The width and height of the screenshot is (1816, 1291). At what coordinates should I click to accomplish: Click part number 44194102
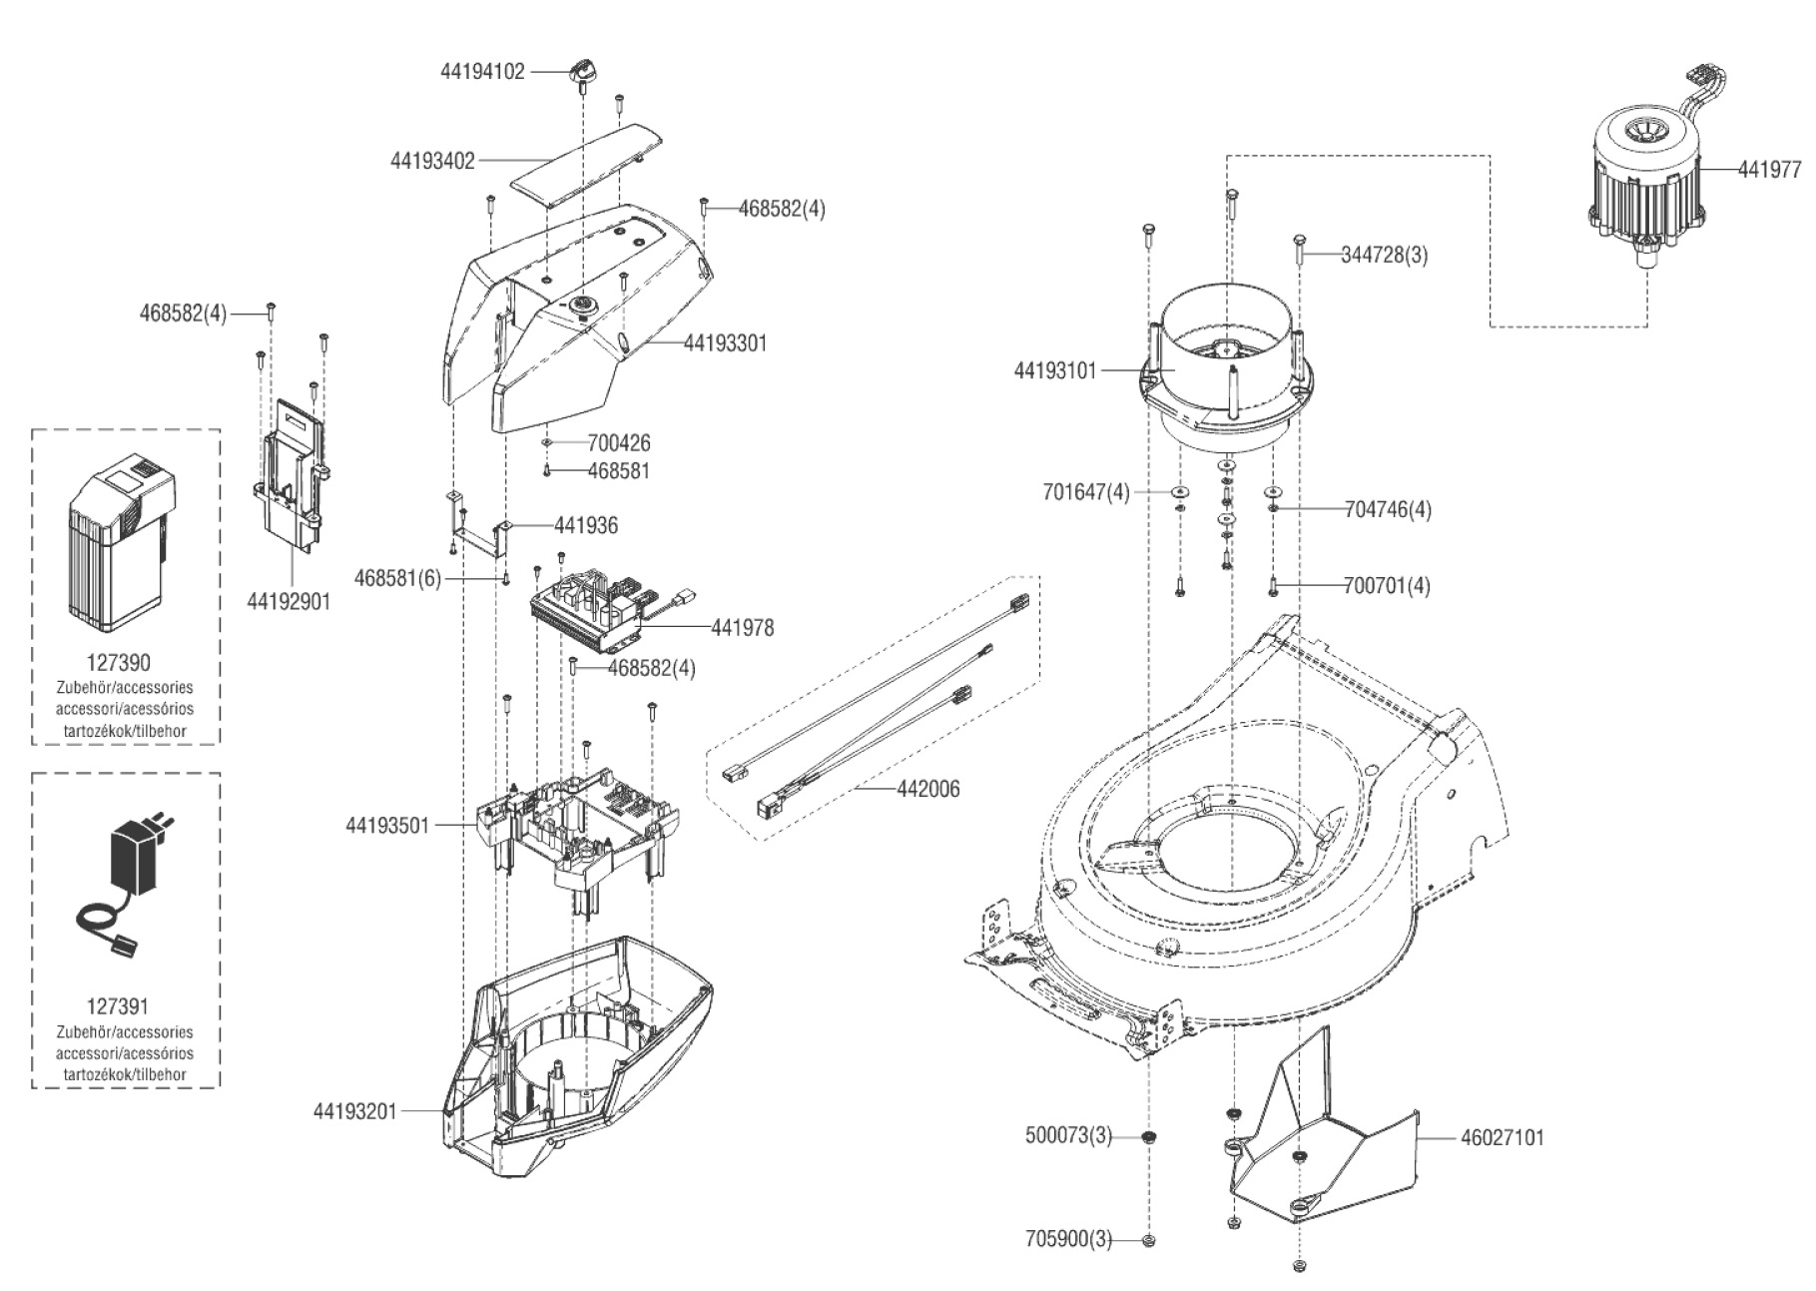point(482,72)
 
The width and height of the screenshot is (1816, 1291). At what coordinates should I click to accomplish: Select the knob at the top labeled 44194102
point(582,72)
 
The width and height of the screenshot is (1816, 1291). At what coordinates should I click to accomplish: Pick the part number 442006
point(928,789)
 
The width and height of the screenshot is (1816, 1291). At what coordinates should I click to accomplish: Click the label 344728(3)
point(1384,255)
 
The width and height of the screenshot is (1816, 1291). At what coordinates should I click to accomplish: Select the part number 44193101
point(1055,371)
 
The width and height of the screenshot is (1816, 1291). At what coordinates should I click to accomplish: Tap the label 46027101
point(1502,1137)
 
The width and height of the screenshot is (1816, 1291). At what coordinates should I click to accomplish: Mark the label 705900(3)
point(1068,1240)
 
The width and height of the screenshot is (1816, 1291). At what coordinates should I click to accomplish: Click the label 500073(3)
point(1068,1135)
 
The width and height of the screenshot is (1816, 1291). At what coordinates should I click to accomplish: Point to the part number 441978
point(742,628)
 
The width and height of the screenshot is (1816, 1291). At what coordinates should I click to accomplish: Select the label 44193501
point(387,826)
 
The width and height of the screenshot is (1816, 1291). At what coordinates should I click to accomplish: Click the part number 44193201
point(355,1111)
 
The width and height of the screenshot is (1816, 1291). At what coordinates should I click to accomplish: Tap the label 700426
point(619,442)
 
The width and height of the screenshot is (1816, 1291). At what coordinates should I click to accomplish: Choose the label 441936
point(586,525)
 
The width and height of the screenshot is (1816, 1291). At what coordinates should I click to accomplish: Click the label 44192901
point(289,602)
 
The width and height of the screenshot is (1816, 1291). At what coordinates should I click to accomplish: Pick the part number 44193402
point(432,160)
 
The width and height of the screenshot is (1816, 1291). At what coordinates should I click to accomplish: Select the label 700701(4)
point(1387,586)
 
